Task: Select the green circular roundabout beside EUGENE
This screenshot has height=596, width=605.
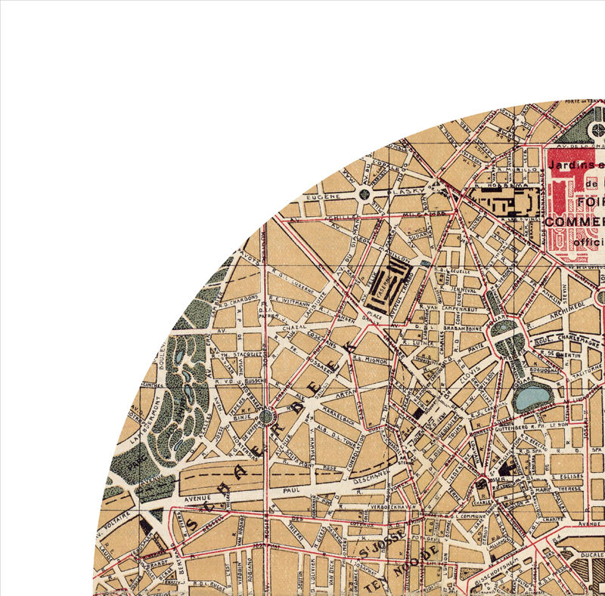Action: coord(365,194)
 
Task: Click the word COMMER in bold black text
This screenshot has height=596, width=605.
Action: coord(574,221)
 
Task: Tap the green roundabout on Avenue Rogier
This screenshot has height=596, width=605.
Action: coord(265,415)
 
